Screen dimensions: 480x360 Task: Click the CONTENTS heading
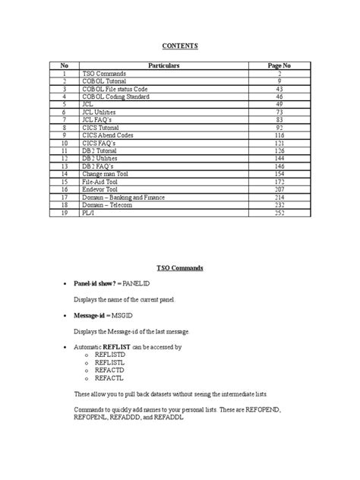point(180,46)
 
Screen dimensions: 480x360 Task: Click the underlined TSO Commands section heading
point(180,269)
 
